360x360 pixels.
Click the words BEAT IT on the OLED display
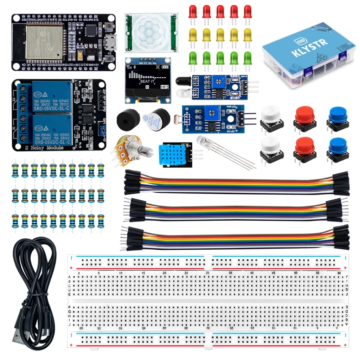click(x=147, y=81)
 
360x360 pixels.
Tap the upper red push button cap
click(x=304, y=114)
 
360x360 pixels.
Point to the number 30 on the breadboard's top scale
click(x=208, y=273)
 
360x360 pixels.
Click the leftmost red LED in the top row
click(x=193, y=11)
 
